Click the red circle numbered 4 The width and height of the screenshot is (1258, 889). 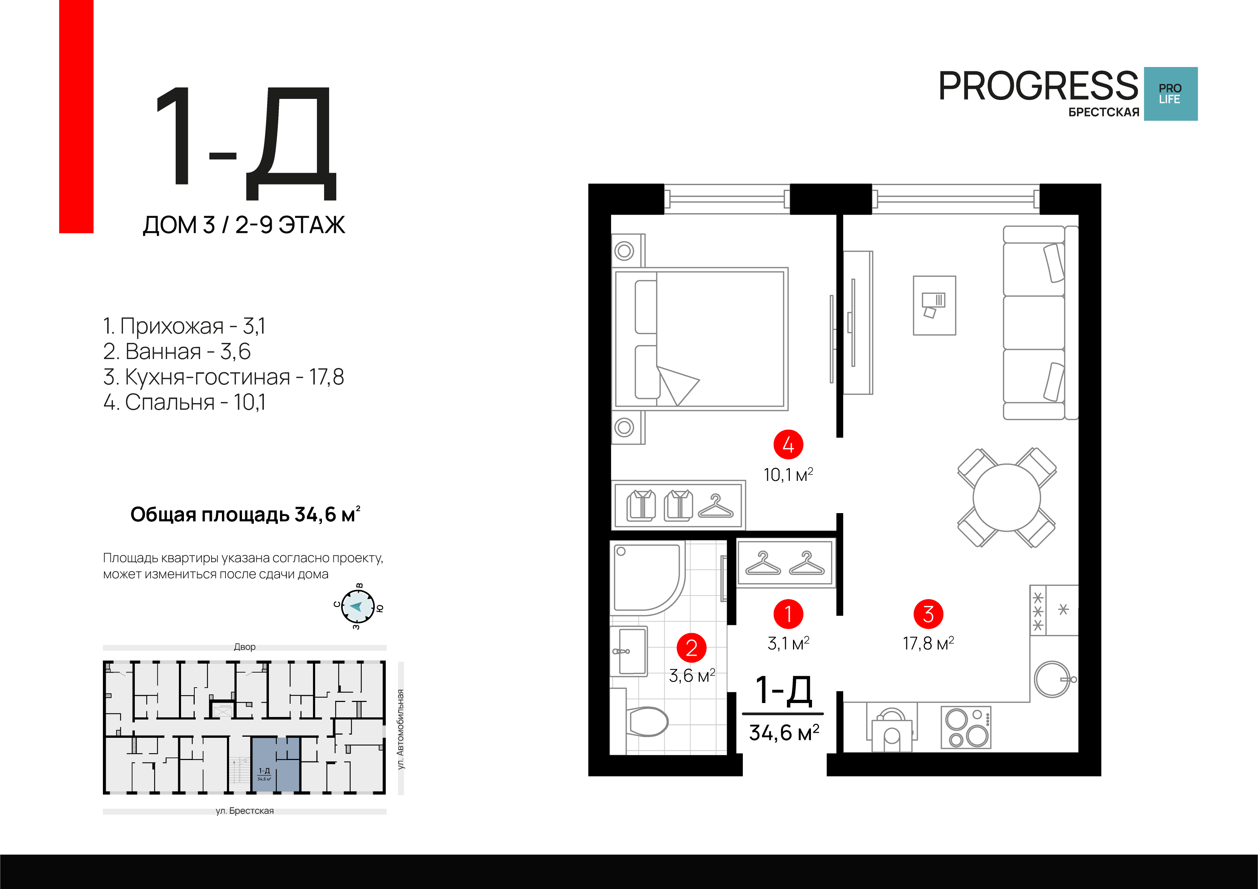pos(788,444)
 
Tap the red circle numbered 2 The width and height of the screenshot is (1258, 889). pos(692,648)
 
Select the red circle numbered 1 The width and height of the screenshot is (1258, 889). pos(788,614)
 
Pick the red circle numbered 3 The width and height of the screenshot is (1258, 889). pos(928,614)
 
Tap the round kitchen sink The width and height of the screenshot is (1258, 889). pos(1052,679)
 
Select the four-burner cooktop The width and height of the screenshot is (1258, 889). pos(966,727)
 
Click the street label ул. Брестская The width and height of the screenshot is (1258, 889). pos(245,811)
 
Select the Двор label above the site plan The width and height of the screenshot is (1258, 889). pos(245,647)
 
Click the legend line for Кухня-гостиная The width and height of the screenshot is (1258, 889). pos(224,377)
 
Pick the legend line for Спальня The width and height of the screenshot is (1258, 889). pos(185,402)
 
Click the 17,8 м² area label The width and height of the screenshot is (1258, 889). pos(928,643)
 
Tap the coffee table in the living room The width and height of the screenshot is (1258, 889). pos(934,305)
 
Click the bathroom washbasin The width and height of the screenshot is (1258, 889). pos(630,651)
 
